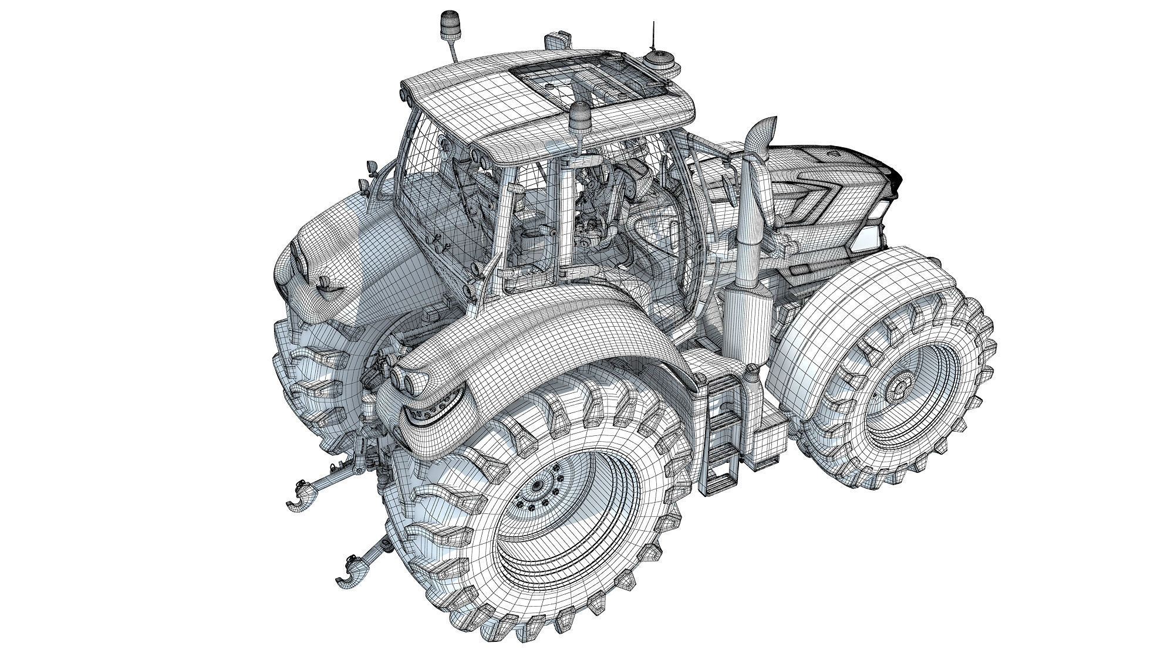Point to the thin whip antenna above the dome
click(x=652, y=35)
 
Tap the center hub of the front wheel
click(x=898, y=388)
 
